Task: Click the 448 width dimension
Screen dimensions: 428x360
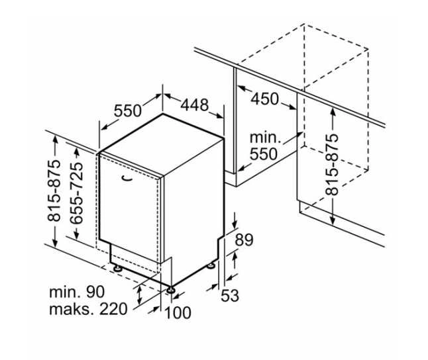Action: [x=195, y=105]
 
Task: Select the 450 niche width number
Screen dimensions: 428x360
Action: [x=265, y=99]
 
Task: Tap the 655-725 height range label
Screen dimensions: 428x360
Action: [x=76, y=193]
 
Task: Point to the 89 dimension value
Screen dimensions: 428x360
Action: [x=244, y=240]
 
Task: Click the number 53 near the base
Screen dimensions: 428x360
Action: [x=229, y=295]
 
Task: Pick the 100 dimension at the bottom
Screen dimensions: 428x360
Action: [x=178, y=312]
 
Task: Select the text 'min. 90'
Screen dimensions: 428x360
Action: [x=77, y=292]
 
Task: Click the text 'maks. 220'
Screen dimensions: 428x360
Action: [x=88, y=309]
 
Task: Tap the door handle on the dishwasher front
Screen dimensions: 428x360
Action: [x=127, y=179]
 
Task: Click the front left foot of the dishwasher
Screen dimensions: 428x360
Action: [x=118, y=269]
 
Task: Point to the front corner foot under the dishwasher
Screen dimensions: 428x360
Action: [x=171, y=290]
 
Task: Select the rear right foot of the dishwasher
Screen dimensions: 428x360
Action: [x=211, y=265]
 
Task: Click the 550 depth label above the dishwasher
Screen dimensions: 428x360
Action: [x=128, y=111]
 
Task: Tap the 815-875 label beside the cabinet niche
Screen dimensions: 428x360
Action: [x=332, y=165]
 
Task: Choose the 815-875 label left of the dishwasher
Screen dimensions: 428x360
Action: [x=54, y=191]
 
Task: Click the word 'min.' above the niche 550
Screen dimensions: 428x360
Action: [x=265, y=138]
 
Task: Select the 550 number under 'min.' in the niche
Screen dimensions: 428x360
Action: [x=264, y=154]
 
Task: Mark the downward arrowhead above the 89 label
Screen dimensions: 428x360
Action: [x=235, y=224]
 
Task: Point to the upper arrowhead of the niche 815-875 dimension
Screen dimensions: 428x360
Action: [x=332, y=111]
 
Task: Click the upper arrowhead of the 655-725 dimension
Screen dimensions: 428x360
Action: [x=77, y=152]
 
